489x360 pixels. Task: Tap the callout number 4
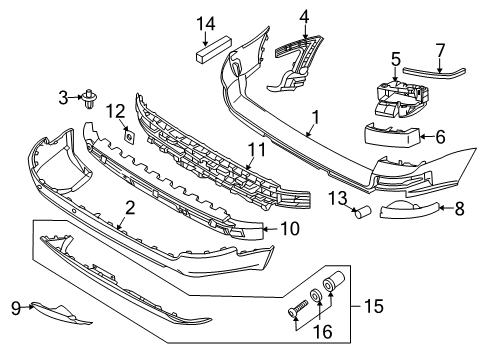click(303, 15)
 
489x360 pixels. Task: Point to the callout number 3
click(63, 97)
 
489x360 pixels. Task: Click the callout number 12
click(116, 110)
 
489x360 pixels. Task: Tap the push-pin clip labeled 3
click(91, 97)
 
